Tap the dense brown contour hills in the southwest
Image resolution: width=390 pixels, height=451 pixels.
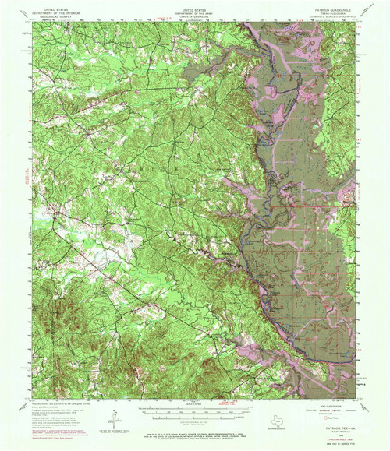click(x=74, y=312)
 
